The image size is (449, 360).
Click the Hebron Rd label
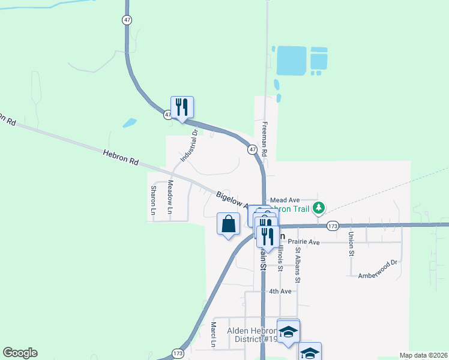(120, 158)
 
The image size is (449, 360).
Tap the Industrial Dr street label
(189, 146)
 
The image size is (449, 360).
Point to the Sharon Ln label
(153, 200)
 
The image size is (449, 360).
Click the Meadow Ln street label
(170, 197)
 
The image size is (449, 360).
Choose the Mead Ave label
(285, 200)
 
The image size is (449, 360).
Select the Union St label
(351, 244)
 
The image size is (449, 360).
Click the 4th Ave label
(280, 291)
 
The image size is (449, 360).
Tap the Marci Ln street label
(213, 335)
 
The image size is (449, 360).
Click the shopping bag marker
(228, 224)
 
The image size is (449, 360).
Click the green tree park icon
(319, 208)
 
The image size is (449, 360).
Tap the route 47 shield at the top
(127, 20)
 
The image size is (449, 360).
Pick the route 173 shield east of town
(333, 226)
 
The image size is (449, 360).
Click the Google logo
(20, 353)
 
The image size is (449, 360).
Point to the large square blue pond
(292, 60)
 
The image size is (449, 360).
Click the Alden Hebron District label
(251, 335)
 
